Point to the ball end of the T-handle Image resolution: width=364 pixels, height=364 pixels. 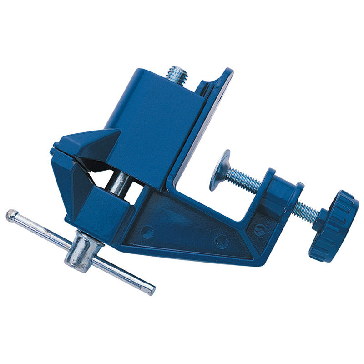(11, 215)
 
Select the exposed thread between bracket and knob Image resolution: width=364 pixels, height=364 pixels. (304, 212)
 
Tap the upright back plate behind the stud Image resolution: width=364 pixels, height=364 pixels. (214, 105)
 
